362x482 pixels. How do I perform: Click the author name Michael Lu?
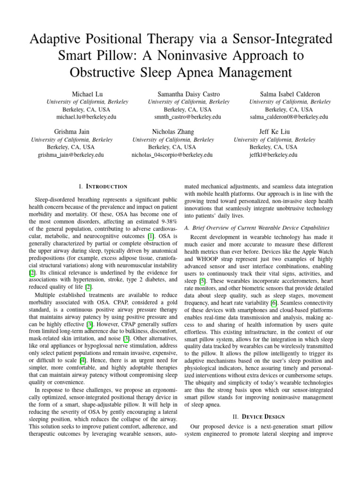coord(87,94)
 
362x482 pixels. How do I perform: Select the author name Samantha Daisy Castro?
coord(189,94)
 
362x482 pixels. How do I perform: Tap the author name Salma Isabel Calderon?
coord(290,94)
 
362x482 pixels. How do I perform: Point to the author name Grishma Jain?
coord(72,132)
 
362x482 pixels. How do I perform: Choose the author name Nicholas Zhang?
coord(173,132)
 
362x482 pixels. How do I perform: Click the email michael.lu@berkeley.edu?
coord(87,117)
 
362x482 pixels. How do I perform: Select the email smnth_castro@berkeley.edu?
coord(189,117)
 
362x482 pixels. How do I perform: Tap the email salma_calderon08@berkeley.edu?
coord(290,117)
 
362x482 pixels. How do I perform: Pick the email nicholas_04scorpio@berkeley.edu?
coord(173,154)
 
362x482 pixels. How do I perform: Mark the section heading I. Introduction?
coord(102,187)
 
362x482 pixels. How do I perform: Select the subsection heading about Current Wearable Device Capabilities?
coord(257,227)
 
